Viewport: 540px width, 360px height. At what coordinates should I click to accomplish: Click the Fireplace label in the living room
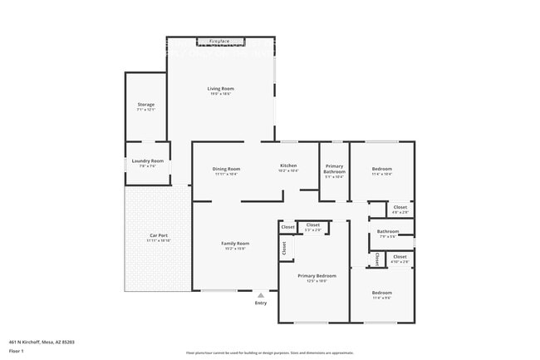[220, 41]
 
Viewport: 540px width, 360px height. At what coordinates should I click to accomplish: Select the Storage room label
[146, 105]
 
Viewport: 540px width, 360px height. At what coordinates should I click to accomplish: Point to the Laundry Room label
[147, 160]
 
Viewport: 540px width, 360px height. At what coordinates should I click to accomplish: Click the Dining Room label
[227, 169]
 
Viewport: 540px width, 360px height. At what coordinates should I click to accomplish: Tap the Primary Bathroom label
[334, 169]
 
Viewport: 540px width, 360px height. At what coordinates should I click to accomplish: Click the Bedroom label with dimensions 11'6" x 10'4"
[381, 169]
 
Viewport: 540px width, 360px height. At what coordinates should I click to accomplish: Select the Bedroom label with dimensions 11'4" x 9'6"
[381, 293]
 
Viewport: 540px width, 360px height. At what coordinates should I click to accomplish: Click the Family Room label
[235, 244]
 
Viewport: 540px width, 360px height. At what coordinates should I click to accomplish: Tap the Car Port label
[159, 236]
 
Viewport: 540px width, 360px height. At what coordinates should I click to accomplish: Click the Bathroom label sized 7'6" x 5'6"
[388, 231]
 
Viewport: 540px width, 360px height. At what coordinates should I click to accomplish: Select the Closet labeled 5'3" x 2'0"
[313, 224]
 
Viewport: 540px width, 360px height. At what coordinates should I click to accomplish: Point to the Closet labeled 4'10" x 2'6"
[400, 257]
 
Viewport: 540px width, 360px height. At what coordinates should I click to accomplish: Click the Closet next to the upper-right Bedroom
[400, 207]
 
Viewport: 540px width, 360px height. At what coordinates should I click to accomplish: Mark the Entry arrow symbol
[261, 294]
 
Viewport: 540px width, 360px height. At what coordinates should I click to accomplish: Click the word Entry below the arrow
[261, 303]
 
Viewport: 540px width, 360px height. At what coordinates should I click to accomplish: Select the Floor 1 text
[17, 352]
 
